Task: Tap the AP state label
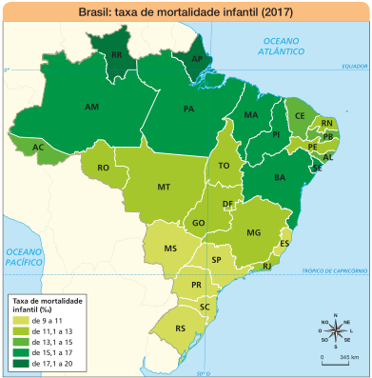[x=197, y=59]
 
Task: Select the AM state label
[x=92, y=108]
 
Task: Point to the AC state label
[x=38, y=148]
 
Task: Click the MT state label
[x=164, y=187]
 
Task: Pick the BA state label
[x=281, y=178]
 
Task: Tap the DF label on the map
[x=228, y=204]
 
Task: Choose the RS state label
[x=180, y=328]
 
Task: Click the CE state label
[x=300, y=116]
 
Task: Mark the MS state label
[x=171, y=249]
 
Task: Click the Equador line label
[x=354, y=66]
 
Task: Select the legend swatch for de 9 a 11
[x=18, y=321]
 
